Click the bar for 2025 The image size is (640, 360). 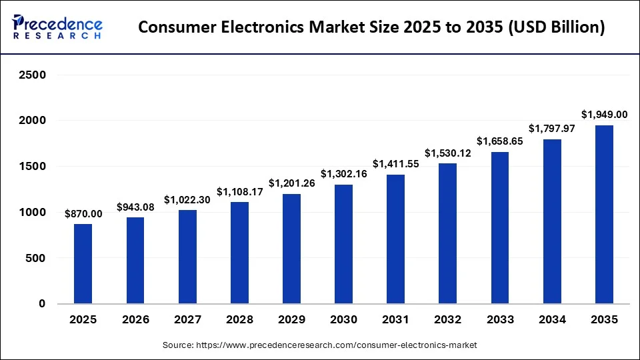[83, 263]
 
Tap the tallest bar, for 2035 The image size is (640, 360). [604, 214]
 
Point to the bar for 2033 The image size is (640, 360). [500, 227]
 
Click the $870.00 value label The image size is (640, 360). [83, 214]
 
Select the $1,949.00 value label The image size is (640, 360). [604, 115]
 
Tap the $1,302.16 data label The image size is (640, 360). [344, 174]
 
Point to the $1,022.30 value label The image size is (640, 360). [187, 199]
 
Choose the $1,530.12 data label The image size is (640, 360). [448, 153]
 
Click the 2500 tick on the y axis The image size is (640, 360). [32, 75]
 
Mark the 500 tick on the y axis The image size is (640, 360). [37, 258]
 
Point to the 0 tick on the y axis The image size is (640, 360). [43, 304]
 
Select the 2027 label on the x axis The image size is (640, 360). [187, 321]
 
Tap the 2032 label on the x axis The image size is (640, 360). [448, 321]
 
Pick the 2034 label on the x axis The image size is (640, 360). [552, 321]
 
